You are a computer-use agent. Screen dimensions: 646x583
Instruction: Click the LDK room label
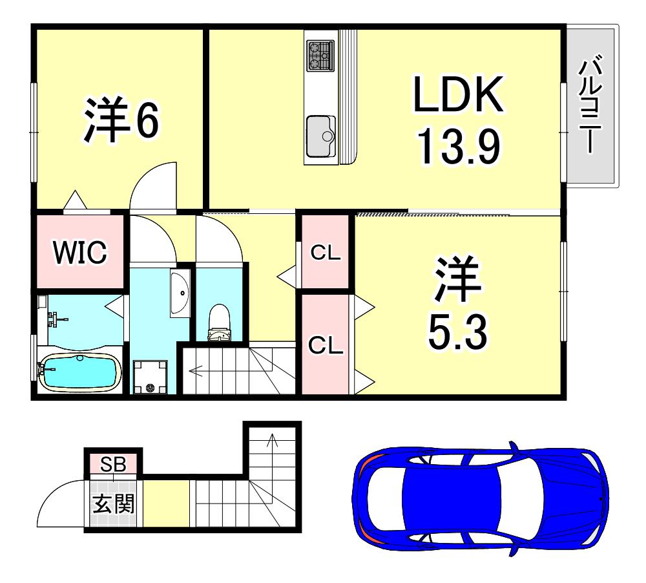pos(458,94)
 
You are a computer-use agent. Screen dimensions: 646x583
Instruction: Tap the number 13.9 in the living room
pos(459,146)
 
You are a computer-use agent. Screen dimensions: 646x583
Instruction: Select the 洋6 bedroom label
pos(121,120)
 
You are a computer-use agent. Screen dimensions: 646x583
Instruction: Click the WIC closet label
pos(80,252)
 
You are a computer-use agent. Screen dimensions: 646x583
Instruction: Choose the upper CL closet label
pos(326,252)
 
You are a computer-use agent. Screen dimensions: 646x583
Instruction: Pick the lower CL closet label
pos(326,345)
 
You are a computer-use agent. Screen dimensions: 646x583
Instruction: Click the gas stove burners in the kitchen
pos(320,56)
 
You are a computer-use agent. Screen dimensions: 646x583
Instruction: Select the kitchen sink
pos(321,136)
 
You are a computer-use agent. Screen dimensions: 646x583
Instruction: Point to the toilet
pos(219,323)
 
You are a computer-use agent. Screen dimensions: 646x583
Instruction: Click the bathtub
pos(79,372)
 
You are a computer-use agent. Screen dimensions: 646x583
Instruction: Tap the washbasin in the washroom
pos(180,293)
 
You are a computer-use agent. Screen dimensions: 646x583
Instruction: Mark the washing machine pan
pos(150,376)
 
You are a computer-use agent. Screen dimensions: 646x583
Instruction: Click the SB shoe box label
pos(113,464)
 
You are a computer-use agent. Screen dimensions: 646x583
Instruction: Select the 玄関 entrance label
pos(113,503)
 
